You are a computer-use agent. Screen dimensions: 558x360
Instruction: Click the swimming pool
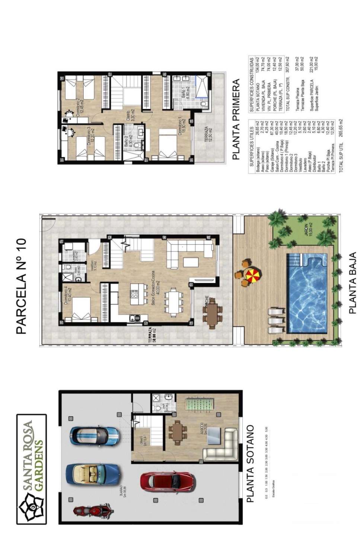307,294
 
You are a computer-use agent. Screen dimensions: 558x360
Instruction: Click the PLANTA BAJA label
352,283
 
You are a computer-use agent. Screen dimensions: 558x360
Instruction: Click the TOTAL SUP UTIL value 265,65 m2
341,131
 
